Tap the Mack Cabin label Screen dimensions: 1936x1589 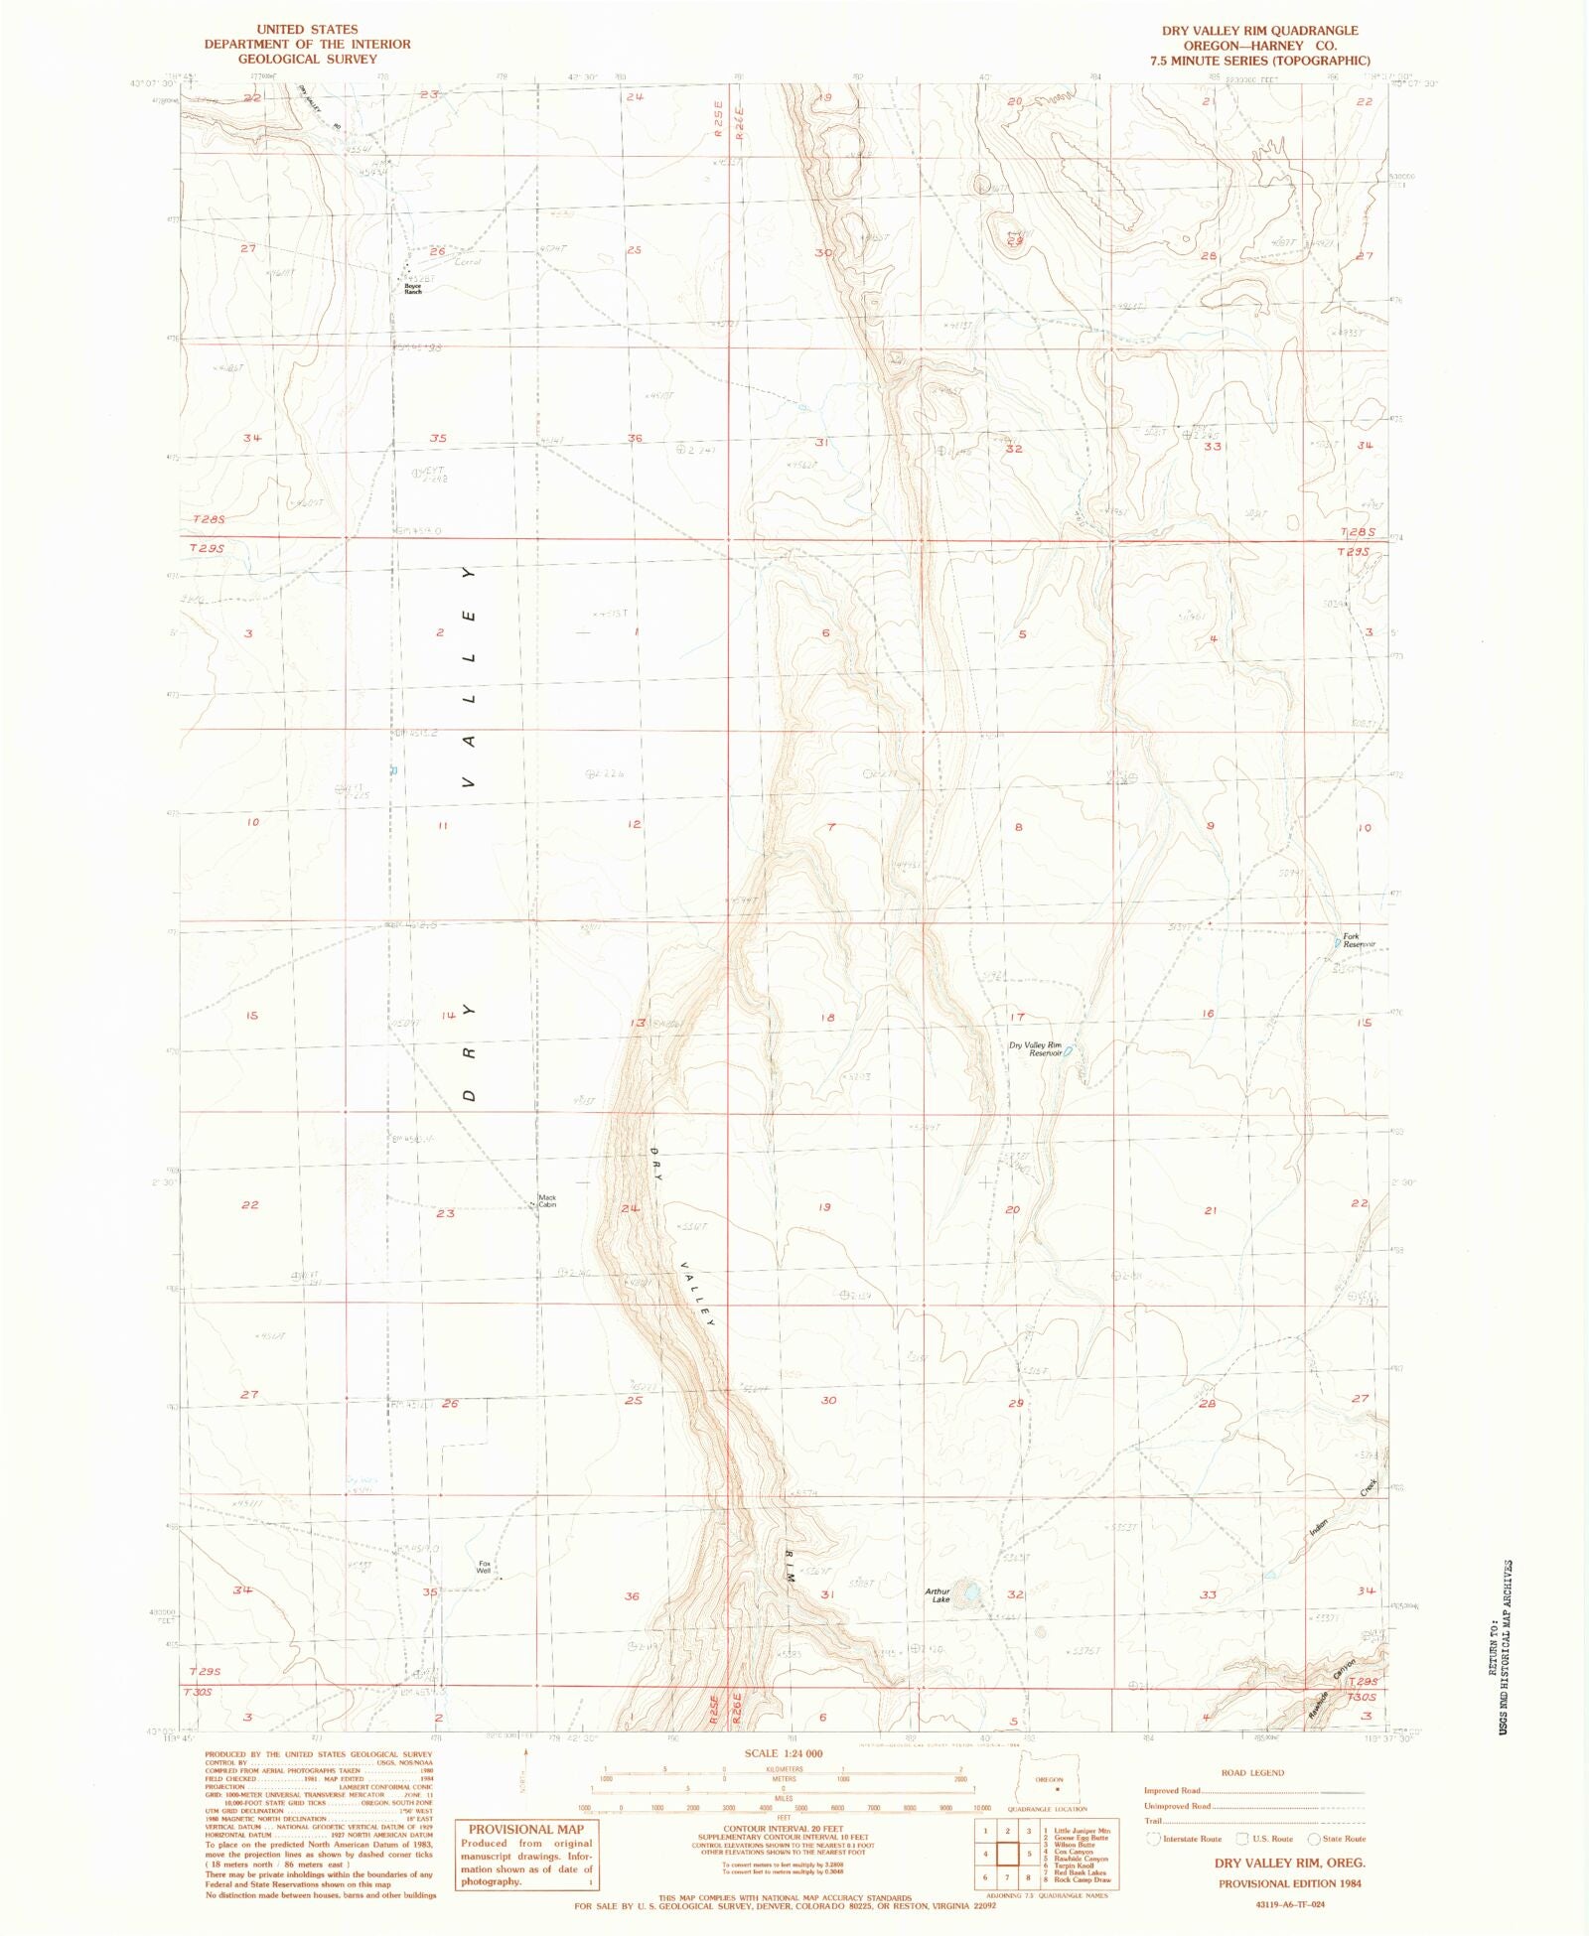(547, 1200)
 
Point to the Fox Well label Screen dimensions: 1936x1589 (484, 1568)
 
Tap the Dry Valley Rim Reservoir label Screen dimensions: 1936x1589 (1036, 1048)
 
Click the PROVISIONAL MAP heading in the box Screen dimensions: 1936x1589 (526, 1830)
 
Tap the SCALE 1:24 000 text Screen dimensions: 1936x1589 (784, 1753)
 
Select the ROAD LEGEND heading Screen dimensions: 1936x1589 (1252, 1772)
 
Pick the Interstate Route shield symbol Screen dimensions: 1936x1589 (1153, 1839)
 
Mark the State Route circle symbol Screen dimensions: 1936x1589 (1313, 1839)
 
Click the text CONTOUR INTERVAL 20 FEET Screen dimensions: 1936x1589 (784, 1828)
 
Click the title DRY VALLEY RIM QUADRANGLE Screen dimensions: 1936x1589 (1260, 31)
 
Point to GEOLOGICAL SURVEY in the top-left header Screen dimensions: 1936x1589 (307, 60)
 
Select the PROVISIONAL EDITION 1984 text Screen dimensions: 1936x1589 (1290, 1882)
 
